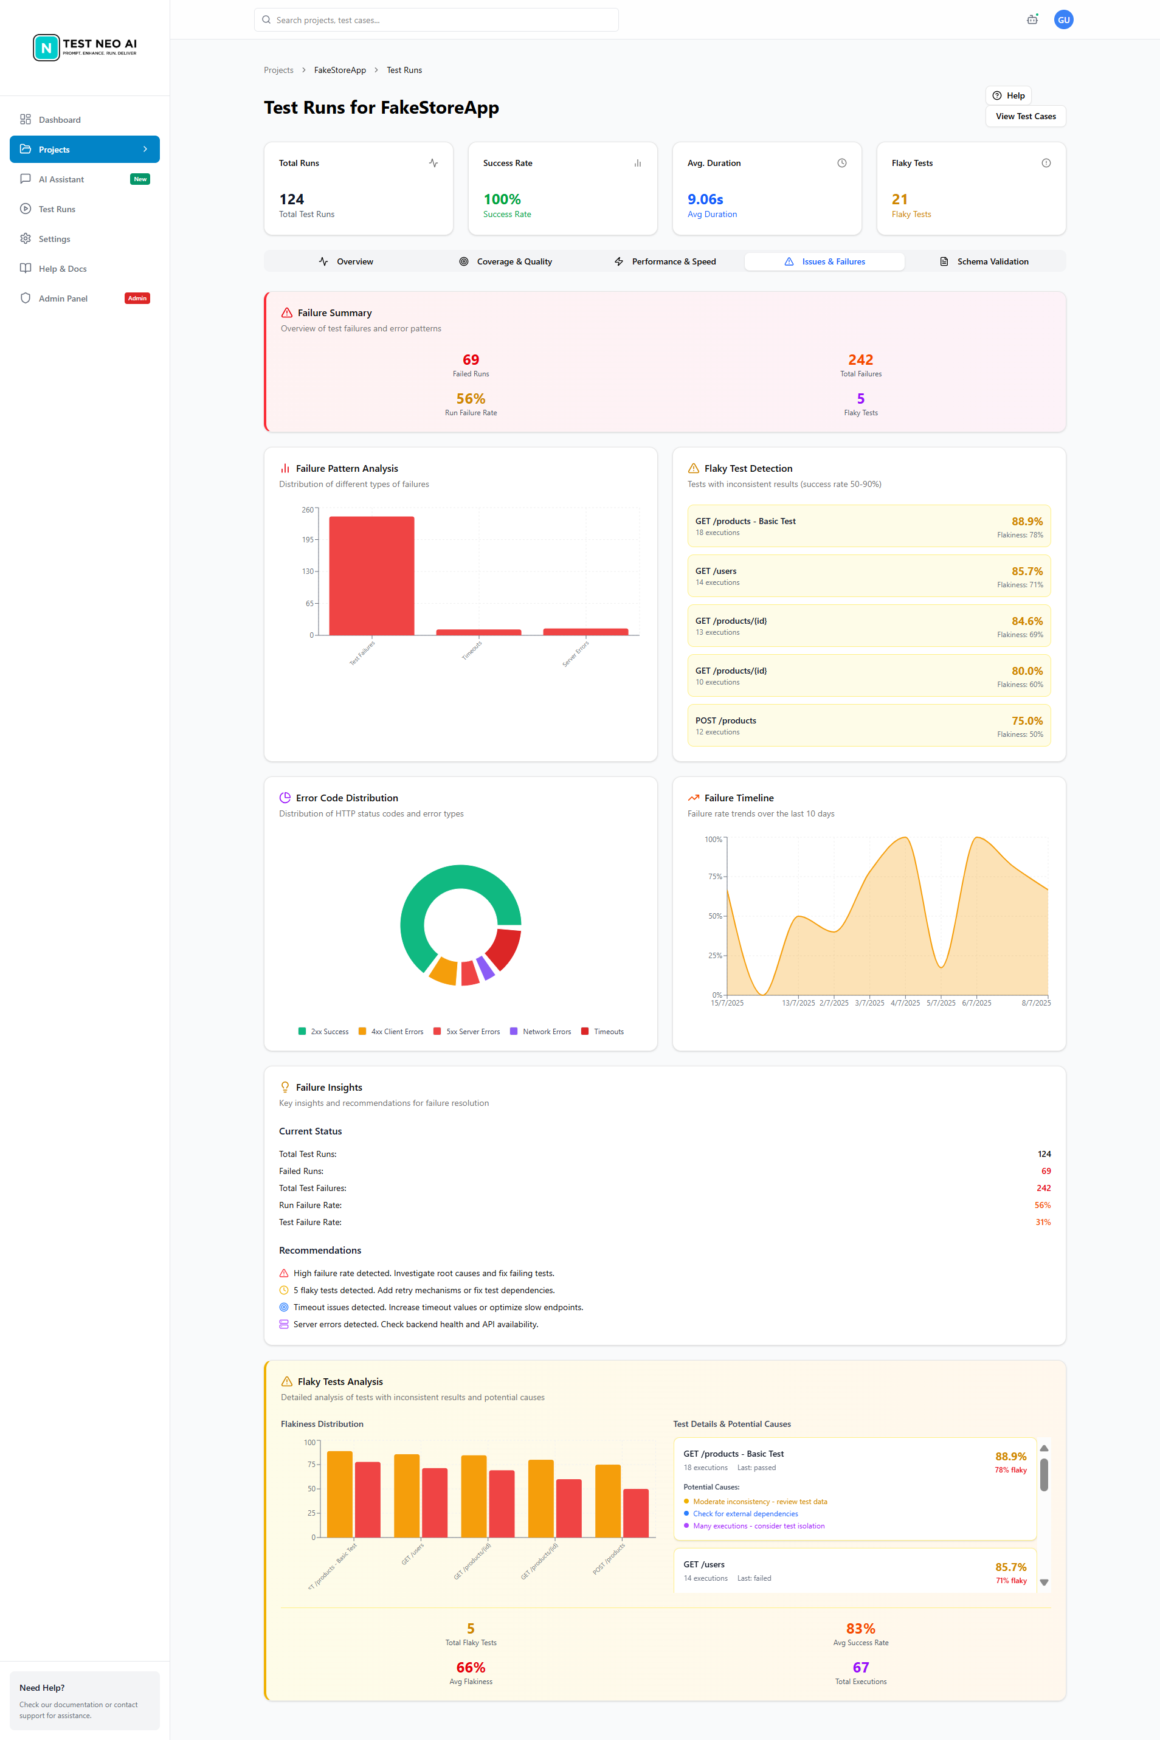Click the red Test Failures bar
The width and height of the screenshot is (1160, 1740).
371,576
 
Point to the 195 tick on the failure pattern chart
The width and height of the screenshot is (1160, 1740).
308,540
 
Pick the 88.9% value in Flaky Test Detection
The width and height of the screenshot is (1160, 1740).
1027,522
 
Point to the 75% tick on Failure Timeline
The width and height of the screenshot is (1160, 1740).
714,877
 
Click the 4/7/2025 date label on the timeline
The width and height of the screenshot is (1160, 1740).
905,1003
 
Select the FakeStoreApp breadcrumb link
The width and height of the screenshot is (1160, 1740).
340,71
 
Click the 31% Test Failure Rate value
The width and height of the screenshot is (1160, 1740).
1043,1222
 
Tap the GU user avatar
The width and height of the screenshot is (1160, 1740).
1063,20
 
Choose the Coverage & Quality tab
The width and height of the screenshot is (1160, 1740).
506,262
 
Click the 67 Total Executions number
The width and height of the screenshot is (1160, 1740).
860,1668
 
